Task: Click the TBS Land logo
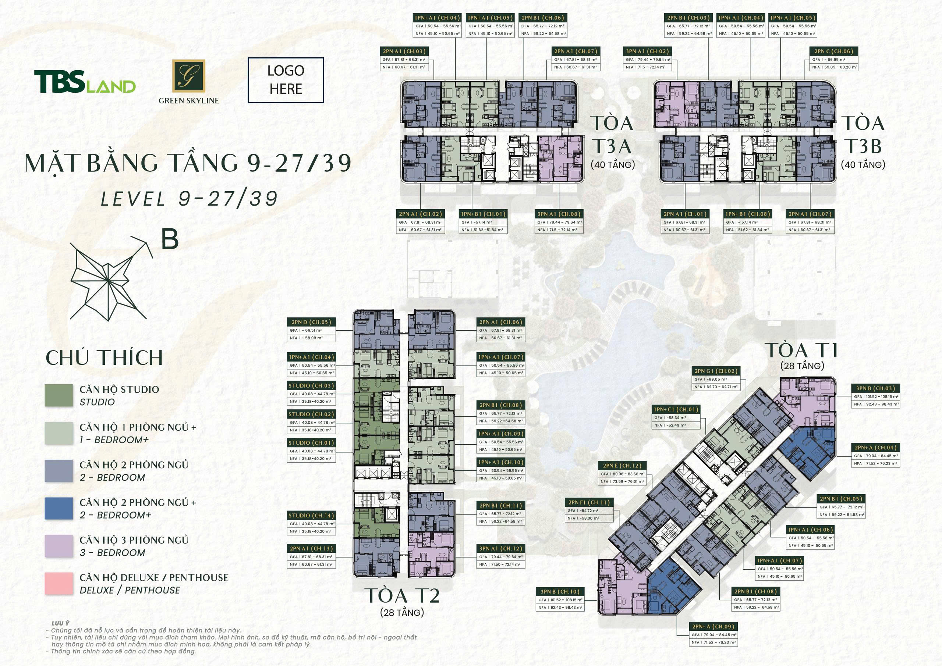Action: (x=85, y=81)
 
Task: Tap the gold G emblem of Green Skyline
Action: (x=188, y=76)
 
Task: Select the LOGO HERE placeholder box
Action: (x=286, y=80)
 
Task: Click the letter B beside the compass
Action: (x=169, y=239)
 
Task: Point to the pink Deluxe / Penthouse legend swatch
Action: (x=59, y=584)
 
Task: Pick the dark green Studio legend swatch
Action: (x=59, y=395)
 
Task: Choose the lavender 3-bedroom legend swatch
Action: (x=59, y=546)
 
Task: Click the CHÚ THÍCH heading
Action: (x=104, y=357)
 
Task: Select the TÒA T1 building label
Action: (x=802, y=350)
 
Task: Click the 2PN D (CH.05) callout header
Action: (x=311, y=323)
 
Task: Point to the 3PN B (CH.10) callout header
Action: (x=560, y=592)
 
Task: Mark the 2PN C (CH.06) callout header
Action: (x=834, y=51)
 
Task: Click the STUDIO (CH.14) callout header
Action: (x=311, y=516)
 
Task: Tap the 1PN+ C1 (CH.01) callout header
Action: (x=676, y=409)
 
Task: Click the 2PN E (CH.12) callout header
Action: (x=622, y=466)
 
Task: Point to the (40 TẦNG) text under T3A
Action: (x=613, y=165)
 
